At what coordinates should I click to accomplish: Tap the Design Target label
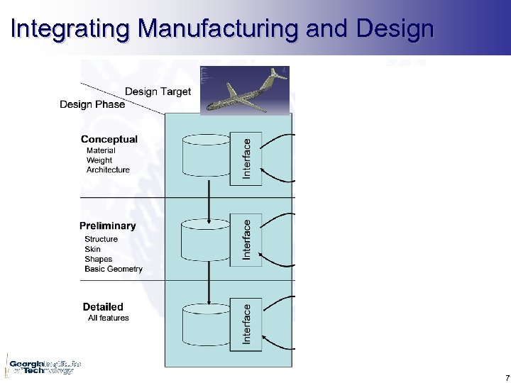(x=158, y=91)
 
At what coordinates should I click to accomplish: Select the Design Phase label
(x=92, y=104)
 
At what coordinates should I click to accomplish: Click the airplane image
(x=246, y=90)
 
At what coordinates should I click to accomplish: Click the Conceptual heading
(x=109, y=139)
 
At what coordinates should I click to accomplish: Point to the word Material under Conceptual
(x=101, y=150)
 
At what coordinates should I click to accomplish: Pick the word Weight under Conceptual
(x=99, y=160)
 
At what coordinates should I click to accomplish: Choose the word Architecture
(x=108, y=170)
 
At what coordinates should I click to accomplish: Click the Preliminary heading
(x=107, y=226)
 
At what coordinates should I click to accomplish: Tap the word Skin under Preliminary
(x=92, y=249)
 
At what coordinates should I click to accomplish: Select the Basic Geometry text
(x=114, y=269)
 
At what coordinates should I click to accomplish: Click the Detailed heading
(x=103, y=306)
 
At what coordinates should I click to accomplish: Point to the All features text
(x=109, y=318)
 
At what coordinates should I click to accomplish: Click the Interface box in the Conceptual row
(x=246, y=158)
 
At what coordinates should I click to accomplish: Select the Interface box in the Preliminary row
(x=246, y=239)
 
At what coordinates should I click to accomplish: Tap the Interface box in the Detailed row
(x=246, y=325)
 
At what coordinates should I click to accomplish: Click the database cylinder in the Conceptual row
(x=207, y=156)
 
